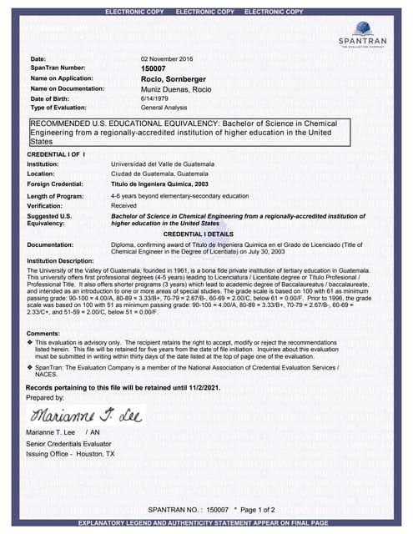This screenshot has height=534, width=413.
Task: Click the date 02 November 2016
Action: (x=167, y=58)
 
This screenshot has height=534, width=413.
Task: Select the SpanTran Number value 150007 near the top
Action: (x=154, y=68)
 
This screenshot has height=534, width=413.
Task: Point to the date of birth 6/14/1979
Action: (x=154, y=98)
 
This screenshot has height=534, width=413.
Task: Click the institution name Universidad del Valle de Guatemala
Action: (x=163, y=164)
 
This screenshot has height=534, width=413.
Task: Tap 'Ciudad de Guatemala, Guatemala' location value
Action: (x=163, y=174)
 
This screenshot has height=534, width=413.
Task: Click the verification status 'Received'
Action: (x=123, y=204)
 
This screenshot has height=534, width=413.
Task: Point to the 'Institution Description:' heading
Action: (x=60, y=261)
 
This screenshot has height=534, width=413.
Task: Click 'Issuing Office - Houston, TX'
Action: (x=72, y=454)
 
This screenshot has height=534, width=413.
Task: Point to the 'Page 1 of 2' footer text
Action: (x=254, y=509)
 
